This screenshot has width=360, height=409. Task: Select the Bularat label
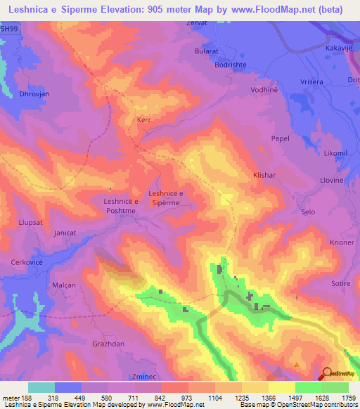(x=207, y=52)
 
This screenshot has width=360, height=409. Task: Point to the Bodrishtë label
(x=214, y=64)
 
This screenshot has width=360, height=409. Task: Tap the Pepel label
(x=281, y=139)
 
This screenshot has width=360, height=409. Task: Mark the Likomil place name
(x=336, y=153)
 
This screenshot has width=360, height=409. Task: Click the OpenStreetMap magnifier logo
(x=328, y=372)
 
